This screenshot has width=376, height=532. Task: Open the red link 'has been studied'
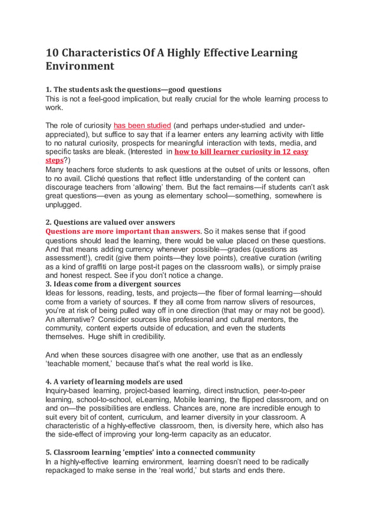point(142,126)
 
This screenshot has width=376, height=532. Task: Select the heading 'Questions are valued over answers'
point(110,222)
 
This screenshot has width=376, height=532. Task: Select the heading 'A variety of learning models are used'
point(114,382)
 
